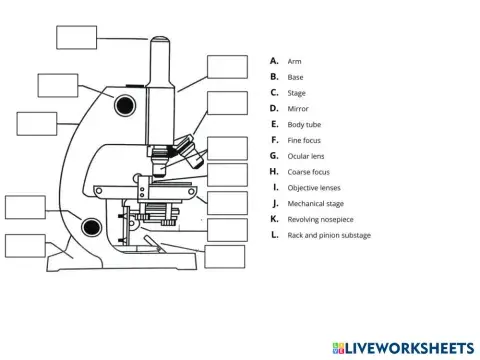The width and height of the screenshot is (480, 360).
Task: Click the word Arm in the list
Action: pyautogui.click(x=294, y=61)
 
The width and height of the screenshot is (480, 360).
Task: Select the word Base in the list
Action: pyautogui.click(x=295, y=77)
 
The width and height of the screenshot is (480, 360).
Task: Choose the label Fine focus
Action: pyautogui.click(x=304, y=140)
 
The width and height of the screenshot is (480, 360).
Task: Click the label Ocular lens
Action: pyautogui.click(x=305, y=156)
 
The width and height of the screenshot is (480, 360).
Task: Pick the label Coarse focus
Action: pyautogui.click(x=308, y=172)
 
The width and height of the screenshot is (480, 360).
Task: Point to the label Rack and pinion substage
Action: pyautogui.click(x=328, y=235)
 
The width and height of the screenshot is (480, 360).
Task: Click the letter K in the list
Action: pyautogui.click(x=274, y=219)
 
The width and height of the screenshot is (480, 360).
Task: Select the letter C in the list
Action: pyautogui.click(x=274, y=93)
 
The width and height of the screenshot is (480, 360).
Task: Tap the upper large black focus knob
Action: pyautogui.click(x=124, y=103)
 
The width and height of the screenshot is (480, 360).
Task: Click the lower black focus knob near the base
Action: pyautogui.click(x=93, y=228)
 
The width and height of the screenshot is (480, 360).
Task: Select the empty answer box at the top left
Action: pyautogui.click(x=76, y=37)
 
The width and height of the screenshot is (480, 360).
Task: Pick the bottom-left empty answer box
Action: pyautogui.click(x=25, y=246)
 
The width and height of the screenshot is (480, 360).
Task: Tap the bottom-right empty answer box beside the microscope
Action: pyautogui.click(x=225, y=255)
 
